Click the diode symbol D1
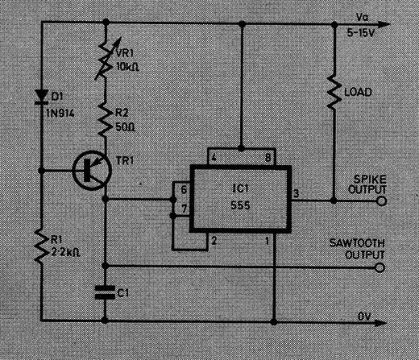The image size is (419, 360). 42,97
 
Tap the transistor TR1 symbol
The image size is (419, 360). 92,170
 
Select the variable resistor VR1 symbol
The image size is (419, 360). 106,58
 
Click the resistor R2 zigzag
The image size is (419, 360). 105,119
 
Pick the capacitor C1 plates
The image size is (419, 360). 105,292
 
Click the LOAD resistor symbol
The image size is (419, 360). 334,92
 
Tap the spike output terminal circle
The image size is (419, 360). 381,201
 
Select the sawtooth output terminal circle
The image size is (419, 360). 380,267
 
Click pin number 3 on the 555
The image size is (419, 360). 296,193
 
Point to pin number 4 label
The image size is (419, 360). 214,157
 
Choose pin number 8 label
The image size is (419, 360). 268,158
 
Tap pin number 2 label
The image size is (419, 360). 214,241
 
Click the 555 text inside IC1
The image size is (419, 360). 240,205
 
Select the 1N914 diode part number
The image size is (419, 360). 60,114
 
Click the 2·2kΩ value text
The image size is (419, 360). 65,253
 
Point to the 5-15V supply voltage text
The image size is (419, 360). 360,33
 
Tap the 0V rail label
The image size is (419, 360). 364,317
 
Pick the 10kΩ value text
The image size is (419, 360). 127,67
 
